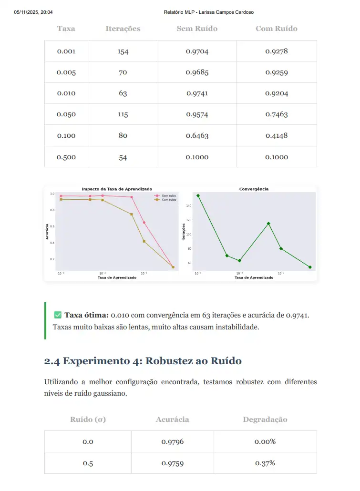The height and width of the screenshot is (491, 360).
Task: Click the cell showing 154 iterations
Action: click(x=123, y=51)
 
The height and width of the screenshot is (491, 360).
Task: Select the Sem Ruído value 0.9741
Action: click(x=197, y=93)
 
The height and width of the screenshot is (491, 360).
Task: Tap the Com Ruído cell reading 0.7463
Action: click(x=277, y=114)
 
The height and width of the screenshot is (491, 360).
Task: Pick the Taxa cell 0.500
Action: click(x=66, y=157)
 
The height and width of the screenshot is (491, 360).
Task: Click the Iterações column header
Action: click(x=123, y=29)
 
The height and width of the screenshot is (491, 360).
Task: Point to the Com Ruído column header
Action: click(x=277, y=29)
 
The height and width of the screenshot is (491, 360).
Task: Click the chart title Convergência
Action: click(x=254, y=189)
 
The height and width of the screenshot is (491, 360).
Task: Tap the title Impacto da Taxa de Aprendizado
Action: click(x=117, y=189)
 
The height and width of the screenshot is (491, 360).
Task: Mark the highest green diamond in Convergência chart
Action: click(x=198, y=195)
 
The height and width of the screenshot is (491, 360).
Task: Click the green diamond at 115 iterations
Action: click(x=268, y=224)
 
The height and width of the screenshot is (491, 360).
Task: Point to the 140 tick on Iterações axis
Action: click(x=188, y=206)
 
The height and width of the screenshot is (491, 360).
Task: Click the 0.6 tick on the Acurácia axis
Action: click(x=52, y=226)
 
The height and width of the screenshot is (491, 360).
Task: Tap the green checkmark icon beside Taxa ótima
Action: click(x=58, y=315)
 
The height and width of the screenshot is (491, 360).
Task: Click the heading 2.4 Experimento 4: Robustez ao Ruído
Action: click(x=143, y=361)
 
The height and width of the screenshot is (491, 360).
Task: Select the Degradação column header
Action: click(x=265, y=420)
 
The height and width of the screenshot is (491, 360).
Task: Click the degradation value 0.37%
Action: click(x=265, y=463)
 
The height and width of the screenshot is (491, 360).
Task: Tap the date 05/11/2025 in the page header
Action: click(x=28, y=12)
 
